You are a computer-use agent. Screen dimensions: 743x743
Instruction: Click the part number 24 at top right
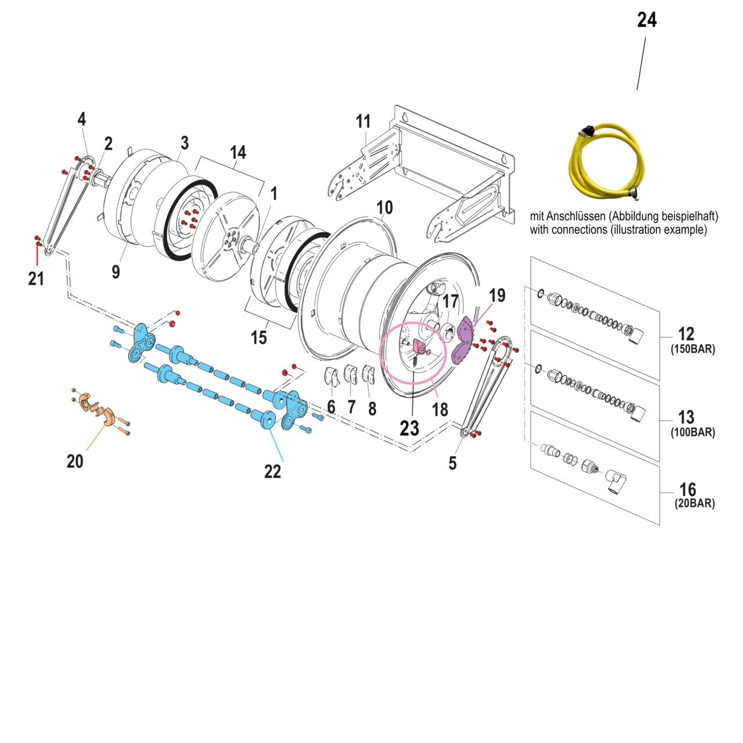point(647,20)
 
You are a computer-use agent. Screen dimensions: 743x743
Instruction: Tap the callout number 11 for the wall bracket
point(363,121)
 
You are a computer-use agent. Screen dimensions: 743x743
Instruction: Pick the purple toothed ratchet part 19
point(464,341)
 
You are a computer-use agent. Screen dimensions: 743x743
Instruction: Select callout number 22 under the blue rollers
point(272,471)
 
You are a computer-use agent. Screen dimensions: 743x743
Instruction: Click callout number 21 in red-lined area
point(36,279)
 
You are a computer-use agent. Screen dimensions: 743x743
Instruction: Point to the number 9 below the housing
point(116,271)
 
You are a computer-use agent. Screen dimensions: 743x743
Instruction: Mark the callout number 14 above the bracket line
point(238,153)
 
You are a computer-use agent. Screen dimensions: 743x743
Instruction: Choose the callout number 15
point(259,337)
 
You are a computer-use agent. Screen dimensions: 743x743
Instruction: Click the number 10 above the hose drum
point(384,208)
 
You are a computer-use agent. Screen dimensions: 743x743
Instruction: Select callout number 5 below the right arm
point(452,463)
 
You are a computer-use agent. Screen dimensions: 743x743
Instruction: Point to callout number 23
point(409,428)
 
